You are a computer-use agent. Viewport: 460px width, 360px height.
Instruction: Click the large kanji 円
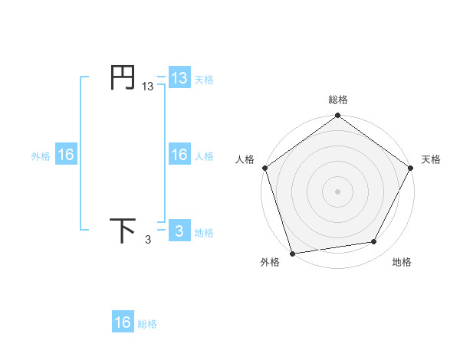[123, 77]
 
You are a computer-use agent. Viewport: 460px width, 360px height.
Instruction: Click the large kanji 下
[123, 231]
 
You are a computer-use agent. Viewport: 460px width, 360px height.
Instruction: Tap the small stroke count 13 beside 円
[148, 87]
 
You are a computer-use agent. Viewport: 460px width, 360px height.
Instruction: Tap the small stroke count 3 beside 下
[148, 241]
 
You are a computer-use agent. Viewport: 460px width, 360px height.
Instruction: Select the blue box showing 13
[179, 78]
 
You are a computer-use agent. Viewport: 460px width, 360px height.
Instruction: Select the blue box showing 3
[179, 231]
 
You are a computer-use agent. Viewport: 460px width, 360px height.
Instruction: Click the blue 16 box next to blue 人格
[179, 155]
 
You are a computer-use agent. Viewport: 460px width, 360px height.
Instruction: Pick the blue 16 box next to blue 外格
[66, 155]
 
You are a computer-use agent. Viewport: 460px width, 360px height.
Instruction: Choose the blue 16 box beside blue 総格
[123, 322]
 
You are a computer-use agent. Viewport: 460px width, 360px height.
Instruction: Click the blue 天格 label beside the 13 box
[204, 79]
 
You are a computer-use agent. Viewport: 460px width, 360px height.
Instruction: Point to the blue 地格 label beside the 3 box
[204, 232]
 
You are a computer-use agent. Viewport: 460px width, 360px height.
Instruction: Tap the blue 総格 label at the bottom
[147, 323]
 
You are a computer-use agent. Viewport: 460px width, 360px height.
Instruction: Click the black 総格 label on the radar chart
[338, 100]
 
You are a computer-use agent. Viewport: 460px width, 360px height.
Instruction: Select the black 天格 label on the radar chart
[432, 159]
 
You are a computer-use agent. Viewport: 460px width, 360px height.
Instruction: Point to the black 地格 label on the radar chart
[402, 262]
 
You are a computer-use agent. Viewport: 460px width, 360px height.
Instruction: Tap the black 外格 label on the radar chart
[270, 262]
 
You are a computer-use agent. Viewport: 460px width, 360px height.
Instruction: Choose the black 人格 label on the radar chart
[245, 159]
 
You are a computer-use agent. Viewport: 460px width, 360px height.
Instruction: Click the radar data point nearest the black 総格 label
[338, 116]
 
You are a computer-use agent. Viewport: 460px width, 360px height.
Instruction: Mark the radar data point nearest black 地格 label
[374, 242]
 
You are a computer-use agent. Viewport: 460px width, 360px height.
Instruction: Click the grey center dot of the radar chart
[338, 191]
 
